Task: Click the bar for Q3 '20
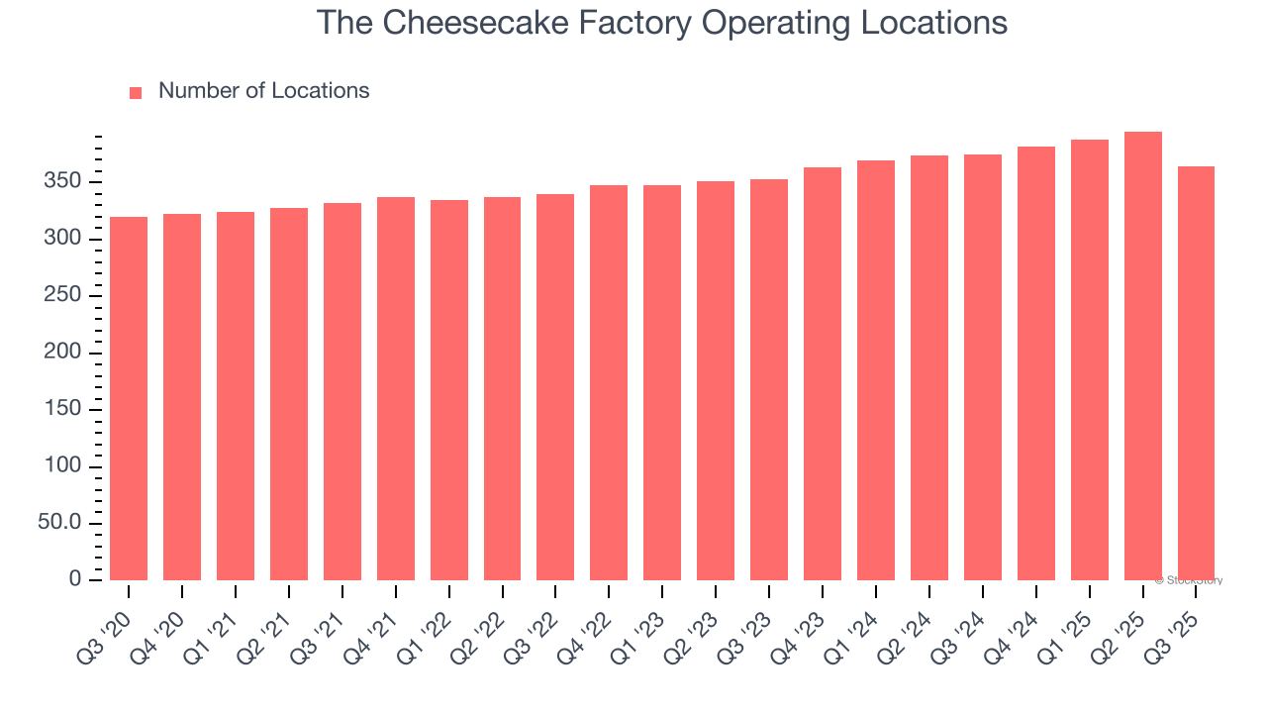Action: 129,398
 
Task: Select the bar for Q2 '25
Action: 1142,356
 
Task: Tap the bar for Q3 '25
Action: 1196,372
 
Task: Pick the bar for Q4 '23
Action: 823,373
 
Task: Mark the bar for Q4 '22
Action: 609,382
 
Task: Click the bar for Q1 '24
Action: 876,370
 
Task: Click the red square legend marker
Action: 136,92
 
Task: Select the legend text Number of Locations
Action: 263,91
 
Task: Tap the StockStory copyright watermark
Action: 1188,580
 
